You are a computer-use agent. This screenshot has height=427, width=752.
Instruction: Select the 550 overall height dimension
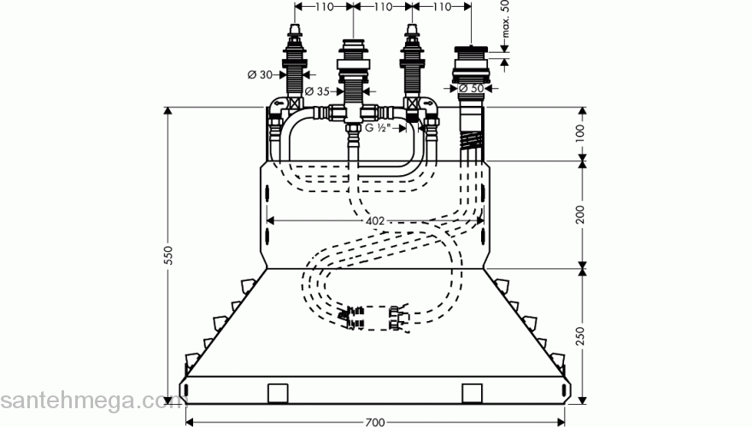click(168, 254)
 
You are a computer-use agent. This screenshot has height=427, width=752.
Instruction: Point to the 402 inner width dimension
click(374, 220)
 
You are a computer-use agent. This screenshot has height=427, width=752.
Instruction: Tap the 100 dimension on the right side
click(579, 132)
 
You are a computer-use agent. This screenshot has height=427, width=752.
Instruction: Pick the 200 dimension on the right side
click(579, 213)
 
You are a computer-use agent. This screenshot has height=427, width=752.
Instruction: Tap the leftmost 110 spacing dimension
click(323, 7)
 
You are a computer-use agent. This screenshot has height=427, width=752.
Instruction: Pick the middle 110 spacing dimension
click(381, 7)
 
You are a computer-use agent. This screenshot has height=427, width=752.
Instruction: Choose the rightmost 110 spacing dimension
click(439, 7)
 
